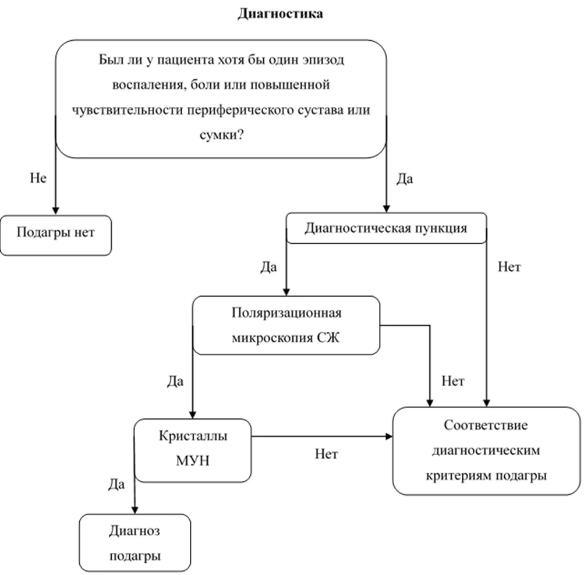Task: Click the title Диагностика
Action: click(x=281, y=14)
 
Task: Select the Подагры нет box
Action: click(x=56, y=235)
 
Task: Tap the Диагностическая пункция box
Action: click(x=386, y=228)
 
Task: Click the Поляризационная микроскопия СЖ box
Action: click(x=286, y=325)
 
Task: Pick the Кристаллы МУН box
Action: click(x=193, y=450)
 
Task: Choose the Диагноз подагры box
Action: click(x=135, y=542)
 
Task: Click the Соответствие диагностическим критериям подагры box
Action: click(x=486, y=450)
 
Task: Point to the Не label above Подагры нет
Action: click(x=38, y=178)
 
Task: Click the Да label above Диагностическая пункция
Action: click(x=405, y=179)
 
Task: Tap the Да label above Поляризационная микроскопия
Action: click(x=268, y=267)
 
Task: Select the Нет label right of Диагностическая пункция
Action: click(x=509, y=267)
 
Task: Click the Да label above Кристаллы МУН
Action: click(x=175, y=381)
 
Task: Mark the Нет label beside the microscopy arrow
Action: click(x=453, y=381)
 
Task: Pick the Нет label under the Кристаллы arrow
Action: click(x=326, y=454)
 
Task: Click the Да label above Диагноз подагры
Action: click(x=116, y=484)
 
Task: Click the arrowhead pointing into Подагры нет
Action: click(x=56, y=211)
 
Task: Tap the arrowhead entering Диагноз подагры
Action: click(x=135, y=510)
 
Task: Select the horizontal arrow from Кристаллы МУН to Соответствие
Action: click(x=322, y=436)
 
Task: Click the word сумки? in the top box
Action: click(x=222, y=134)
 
